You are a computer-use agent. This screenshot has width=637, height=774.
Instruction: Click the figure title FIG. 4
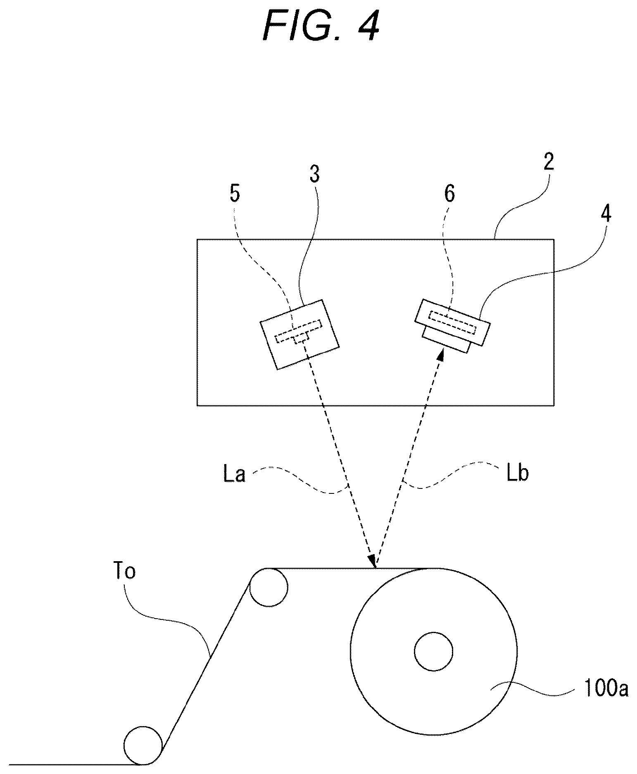pos(321,26)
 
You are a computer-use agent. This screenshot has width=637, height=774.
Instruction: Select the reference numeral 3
pos(315,174)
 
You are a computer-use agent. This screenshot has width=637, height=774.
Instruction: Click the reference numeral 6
pos(449,193)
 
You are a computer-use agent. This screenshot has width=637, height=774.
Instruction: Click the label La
pos(234,474)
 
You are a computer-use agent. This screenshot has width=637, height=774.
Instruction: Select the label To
pos(124,572)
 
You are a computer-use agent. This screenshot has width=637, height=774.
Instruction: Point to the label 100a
pos(606,690)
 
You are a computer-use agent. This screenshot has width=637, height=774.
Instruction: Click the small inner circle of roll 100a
pos(433,652)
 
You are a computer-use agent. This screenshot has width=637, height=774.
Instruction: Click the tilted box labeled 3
pos(299,334)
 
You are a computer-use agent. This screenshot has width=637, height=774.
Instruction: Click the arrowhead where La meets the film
pos(373,561)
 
